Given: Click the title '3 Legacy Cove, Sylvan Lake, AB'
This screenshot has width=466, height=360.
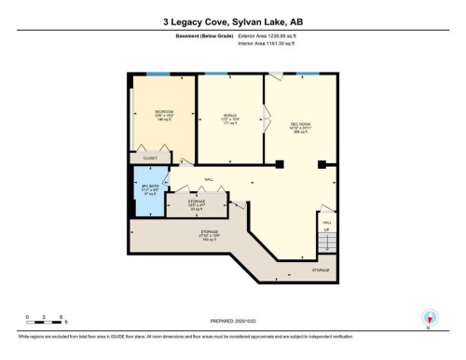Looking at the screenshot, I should tap(232, 20).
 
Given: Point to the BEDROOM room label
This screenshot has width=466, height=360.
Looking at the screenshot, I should tap(164, 111).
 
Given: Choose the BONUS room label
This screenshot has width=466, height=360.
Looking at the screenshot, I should tap(229, 116).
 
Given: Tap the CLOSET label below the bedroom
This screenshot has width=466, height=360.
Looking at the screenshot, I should tap(149, 159).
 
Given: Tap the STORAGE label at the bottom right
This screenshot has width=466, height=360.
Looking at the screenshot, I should tap(321, 270).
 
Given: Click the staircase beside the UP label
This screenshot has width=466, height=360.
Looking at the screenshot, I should tap(326, 243).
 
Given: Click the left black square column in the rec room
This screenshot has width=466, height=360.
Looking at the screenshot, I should tap(279, 166).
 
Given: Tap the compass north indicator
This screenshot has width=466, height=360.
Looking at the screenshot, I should tap(429, 317).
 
